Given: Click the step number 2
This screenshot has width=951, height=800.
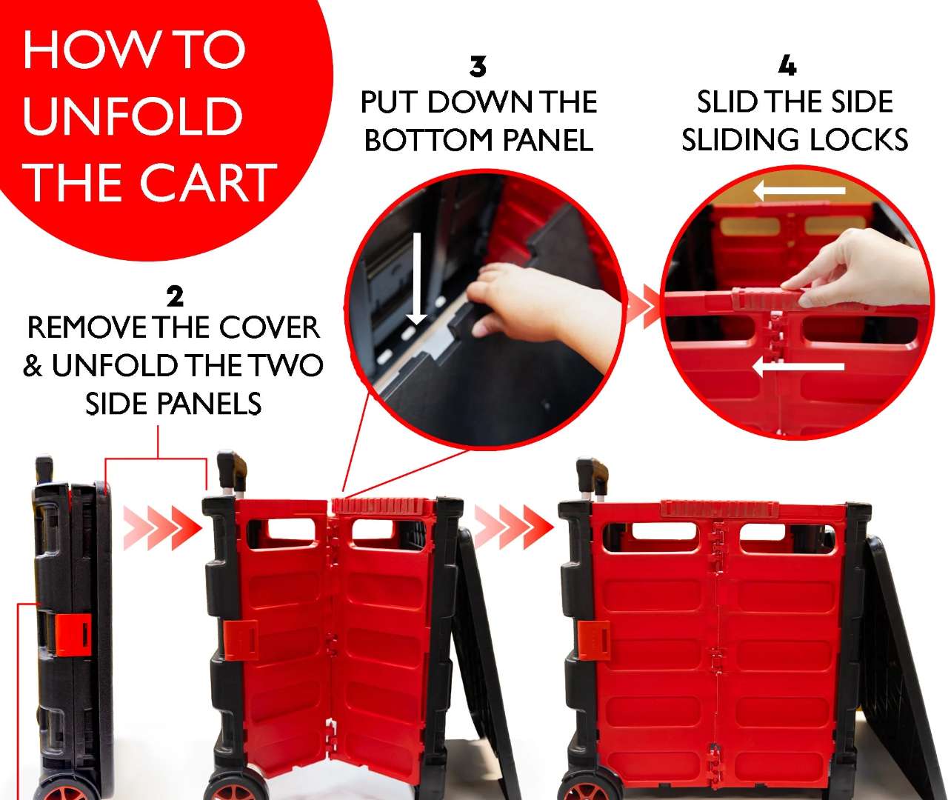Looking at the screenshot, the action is click(176, 297).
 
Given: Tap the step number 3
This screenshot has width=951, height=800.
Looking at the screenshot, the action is click(478, 67).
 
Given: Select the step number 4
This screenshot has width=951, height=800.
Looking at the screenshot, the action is click(787, 66).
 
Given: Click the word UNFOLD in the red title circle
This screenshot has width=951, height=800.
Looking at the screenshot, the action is click(133, 116).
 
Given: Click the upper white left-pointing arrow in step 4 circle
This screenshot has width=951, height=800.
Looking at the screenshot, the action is click(799, 190).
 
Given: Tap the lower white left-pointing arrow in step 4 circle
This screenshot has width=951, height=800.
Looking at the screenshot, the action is click(798, 366).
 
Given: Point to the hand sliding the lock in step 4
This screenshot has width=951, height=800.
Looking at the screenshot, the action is click(856, 269).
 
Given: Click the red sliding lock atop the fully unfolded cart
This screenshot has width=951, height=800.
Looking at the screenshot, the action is click(721, 509).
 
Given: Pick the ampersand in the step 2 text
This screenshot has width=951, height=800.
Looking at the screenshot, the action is click(32, 366).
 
